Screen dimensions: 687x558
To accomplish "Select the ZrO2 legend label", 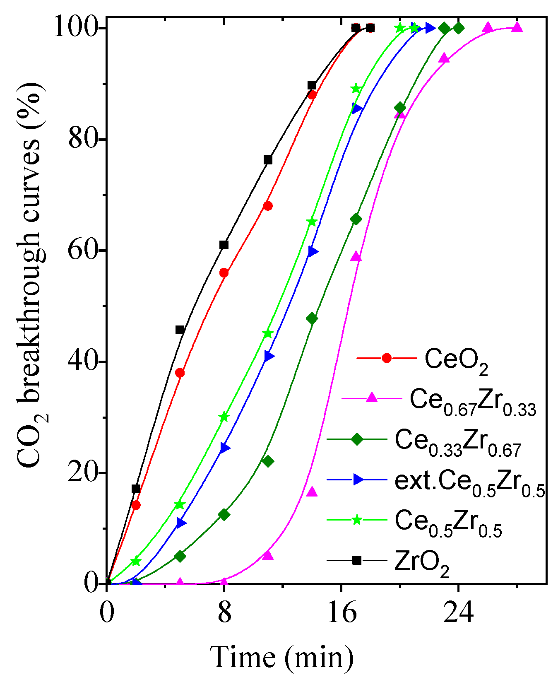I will pos(422,562).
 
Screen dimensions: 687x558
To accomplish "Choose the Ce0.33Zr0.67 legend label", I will pos(458,441).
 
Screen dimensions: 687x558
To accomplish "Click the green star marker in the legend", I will pos(357,520).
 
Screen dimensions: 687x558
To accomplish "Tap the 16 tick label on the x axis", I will pos(341,613).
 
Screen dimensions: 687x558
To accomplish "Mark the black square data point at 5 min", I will pos(180,330).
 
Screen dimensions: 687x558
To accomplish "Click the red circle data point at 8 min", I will pos(224,273).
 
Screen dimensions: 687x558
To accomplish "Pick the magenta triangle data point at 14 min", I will pos(312,492).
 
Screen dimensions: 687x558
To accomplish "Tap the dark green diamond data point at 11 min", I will pos(268,461).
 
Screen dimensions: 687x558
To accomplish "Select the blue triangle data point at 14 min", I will pos(313,252).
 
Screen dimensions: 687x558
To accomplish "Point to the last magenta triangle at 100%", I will pos(517,27).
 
